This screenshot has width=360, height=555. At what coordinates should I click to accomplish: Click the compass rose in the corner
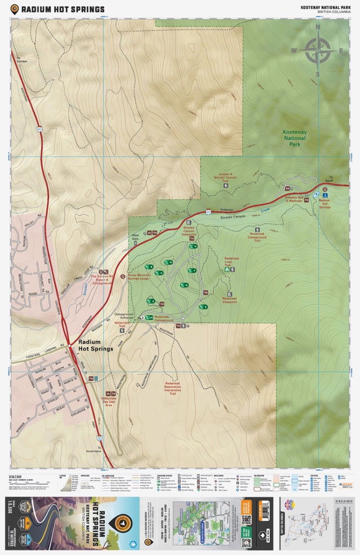(x=318, y=49)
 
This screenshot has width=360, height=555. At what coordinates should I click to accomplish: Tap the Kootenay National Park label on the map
(x=295, y=138)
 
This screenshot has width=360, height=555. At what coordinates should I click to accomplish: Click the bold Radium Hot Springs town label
(x=95, y=345)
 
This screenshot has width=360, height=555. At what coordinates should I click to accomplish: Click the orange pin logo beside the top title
(x=15, y=9)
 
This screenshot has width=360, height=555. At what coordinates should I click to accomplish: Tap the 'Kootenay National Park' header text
(x=325, y=7)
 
